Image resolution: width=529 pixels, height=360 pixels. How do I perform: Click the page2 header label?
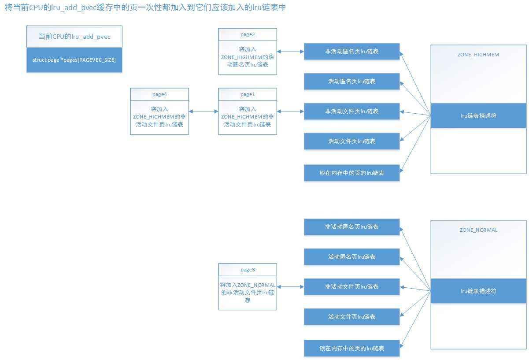point(248,34)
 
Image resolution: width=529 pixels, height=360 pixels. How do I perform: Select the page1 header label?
point(248,94)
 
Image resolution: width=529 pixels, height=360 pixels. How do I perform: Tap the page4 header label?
point(159,94)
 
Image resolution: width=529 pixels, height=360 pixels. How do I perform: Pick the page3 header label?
point(248,270)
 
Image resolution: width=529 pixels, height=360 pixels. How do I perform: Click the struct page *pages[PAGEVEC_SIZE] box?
point(74,60)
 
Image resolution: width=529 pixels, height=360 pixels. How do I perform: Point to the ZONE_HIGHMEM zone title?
point(478,55)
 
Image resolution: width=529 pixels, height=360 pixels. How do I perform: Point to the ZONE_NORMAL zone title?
point(478,230)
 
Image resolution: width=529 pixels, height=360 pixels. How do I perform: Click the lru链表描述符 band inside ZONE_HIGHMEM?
point(478,115)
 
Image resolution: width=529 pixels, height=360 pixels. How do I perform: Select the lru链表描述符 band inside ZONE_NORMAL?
point(478,291)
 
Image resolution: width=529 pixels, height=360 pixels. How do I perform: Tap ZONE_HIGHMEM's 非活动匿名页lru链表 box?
point(351,51)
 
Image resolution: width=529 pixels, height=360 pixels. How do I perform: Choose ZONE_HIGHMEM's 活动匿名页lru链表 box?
point(351,81)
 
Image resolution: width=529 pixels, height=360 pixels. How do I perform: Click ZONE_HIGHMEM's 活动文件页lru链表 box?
point(351,141)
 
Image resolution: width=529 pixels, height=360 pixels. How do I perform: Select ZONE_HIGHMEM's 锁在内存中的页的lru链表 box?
point(351,173)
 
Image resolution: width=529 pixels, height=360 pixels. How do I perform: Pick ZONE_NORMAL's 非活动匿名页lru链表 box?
point(351,226)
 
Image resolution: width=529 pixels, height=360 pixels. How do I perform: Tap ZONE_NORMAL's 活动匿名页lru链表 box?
point(351,256)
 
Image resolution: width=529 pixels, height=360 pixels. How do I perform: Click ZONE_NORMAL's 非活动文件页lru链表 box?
point(351,286)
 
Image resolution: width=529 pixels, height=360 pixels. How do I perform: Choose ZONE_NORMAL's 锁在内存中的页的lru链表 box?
point(351,348)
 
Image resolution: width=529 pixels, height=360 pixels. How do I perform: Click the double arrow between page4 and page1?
point(203,111)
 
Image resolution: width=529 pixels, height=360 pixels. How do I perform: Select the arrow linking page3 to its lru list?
point(290,286)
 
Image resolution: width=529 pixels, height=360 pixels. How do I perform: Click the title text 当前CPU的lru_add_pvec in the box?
point(74,37)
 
